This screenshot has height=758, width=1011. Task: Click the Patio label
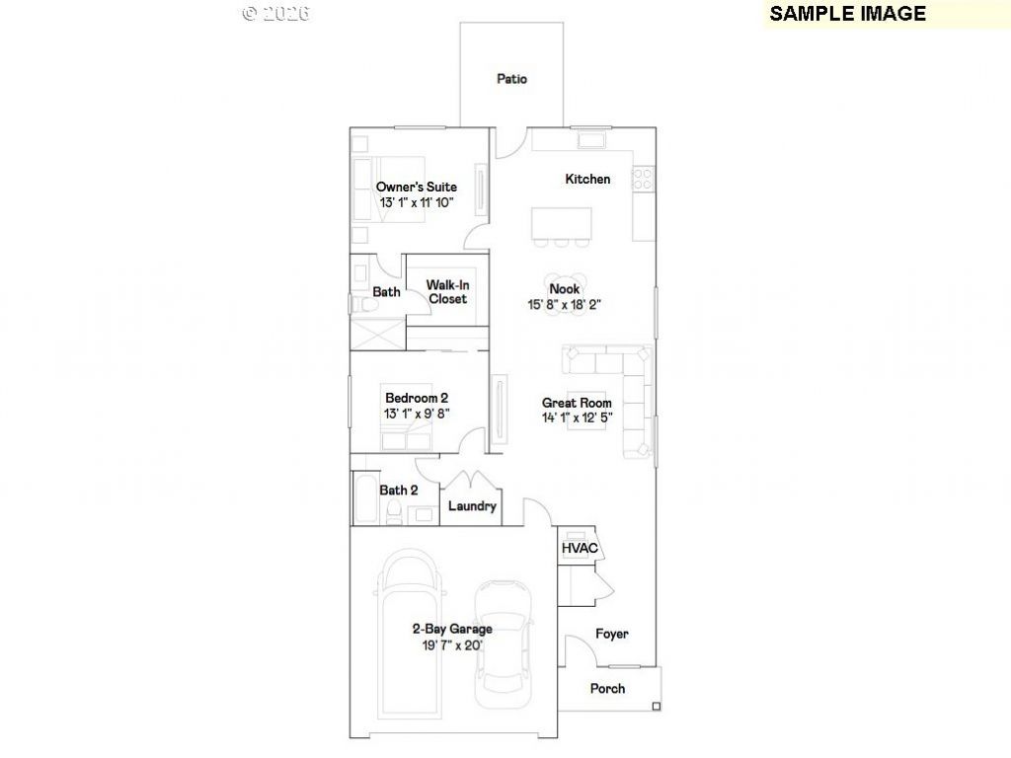(x=512, y=79)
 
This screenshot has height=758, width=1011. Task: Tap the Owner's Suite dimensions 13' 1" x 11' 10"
(x=417, y=202)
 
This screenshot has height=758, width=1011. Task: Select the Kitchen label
(x=587, y=180)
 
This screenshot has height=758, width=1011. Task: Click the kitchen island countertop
(x=562, y=223)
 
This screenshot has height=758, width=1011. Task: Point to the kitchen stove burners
(x=643, y=179)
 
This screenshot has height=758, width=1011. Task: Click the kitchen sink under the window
(x=591, y=140)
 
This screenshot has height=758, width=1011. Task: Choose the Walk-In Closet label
(x=447, y=292)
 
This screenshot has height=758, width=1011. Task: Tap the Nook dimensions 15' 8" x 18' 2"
(x=564, y=304)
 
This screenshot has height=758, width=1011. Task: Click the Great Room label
(x=577, y=403)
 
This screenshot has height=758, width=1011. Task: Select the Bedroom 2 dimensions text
(x=417, y=414)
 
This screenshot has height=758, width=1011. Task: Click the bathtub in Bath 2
(x=367, y=498)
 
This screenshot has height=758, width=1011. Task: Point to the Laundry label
(x=472, y=506)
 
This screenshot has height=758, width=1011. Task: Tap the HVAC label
(x=580, y=549)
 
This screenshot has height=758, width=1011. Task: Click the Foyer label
(x=612, y=634)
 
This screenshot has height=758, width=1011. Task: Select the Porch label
(x=607, y=688)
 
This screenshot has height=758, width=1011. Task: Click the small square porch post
(x=657, y=707)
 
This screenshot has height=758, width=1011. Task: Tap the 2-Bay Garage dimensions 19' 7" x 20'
(x=452, y=645)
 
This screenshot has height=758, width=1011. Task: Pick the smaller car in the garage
(x=504, y=644)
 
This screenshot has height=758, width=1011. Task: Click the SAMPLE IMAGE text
(x=847, y=14)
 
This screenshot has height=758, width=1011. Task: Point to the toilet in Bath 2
(x=393, y=513)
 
